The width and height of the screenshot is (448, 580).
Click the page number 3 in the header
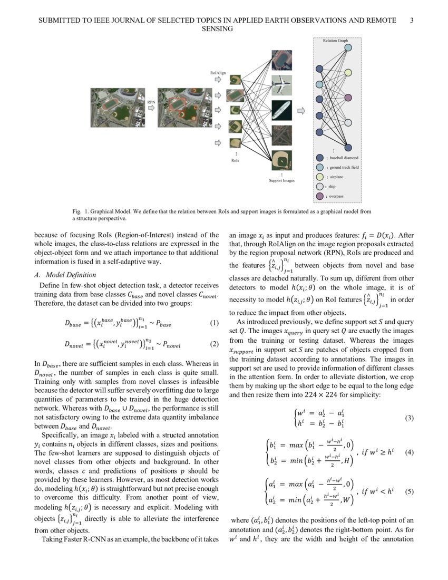pyautogui.click(x=412, y=20)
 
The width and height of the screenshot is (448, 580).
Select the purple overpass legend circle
pyautogui.click(x=319, y=196)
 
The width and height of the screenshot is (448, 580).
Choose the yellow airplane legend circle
pyautogui.click(x=319, y=177)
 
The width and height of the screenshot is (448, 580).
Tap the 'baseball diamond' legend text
pyautogui.click(x=344, y=158)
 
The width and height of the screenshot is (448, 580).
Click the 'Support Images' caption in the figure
pyautogui.click(x=281, y=180)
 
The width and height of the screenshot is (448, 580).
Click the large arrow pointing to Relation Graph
pyautogui.click(x=301, y=111)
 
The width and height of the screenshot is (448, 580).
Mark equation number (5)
pyautogui.click(x=408, y=492)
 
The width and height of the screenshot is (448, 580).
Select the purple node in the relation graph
pyautogui.click(x=348, y=148)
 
